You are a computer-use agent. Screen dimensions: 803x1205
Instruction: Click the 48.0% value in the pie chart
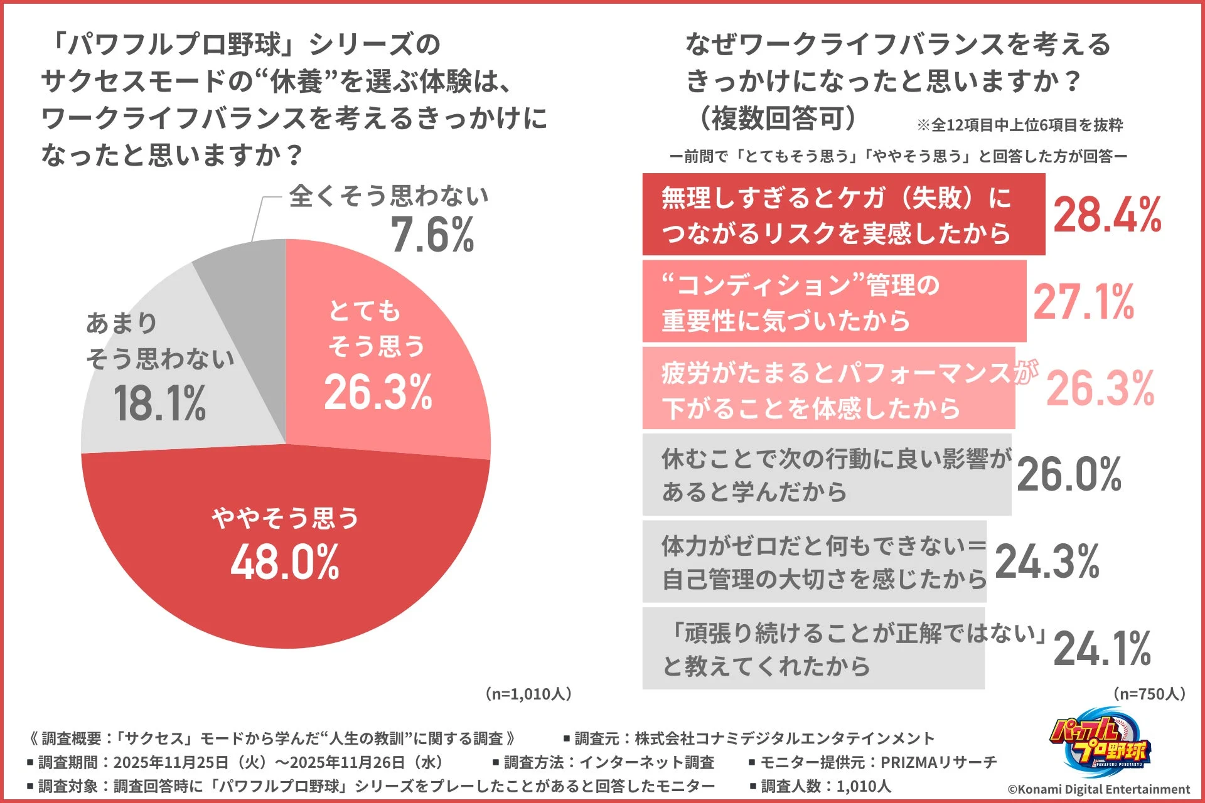point(285,562)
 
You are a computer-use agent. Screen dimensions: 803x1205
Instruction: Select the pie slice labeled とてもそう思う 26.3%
point(389,351)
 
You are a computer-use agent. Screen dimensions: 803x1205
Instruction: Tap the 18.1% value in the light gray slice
point(159,403)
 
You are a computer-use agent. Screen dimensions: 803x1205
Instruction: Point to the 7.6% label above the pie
point(432,235)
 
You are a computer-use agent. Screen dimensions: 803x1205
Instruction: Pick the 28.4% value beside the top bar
point(1107,215)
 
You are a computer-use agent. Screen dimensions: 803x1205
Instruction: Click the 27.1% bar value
point(1083,302)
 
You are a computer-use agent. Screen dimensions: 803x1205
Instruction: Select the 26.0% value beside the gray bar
point(1069,474)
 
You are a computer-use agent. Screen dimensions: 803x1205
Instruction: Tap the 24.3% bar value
point(1047,561)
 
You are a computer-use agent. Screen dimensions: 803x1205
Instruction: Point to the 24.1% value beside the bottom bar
point(1102,649)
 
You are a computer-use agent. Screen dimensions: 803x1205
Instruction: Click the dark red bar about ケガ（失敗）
point(843,215)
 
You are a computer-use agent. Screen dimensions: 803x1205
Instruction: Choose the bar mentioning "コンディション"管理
point(833,302)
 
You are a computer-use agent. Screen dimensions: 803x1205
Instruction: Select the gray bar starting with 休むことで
point(826,474)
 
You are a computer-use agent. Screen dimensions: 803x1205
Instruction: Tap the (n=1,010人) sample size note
point(528,694)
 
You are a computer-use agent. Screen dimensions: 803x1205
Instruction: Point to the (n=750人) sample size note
point(1149,694)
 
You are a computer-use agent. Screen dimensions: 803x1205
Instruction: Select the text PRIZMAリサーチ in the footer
point(939,762)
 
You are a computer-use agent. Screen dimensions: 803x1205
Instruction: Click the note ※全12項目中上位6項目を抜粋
point(1020,125)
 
